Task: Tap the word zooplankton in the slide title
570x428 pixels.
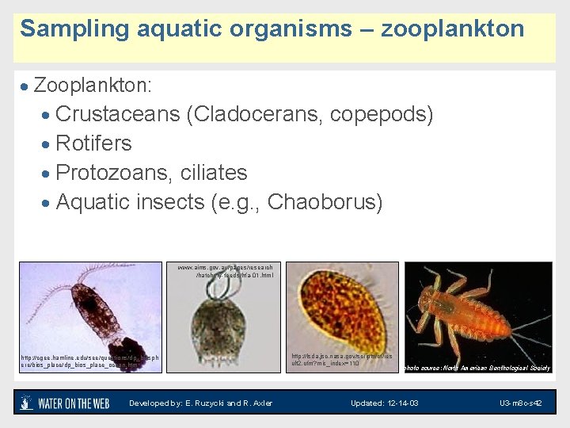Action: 452,29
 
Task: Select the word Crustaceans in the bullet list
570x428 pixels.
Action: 118,114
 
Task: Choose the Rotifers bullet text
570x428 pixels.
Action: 94,143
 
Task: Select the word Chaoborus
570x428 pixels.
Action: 325,202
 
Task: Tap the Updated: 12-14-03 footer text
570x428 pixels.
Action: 385,403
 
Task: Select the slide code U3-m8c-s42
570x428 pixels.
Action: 521,403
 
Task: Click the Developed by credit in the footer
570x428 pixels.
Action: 200,403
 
